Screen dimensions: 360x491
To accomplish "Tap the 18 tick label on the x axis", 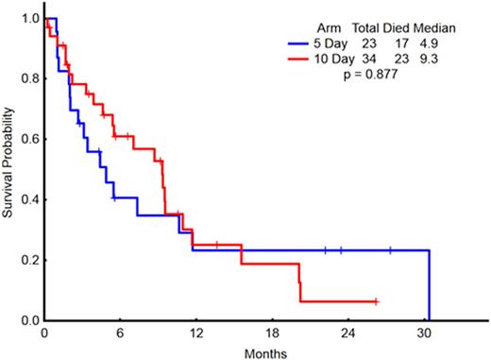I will click(272, 334).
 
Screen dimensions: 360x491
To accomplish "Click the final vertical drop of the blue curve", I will click(430, 283).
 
